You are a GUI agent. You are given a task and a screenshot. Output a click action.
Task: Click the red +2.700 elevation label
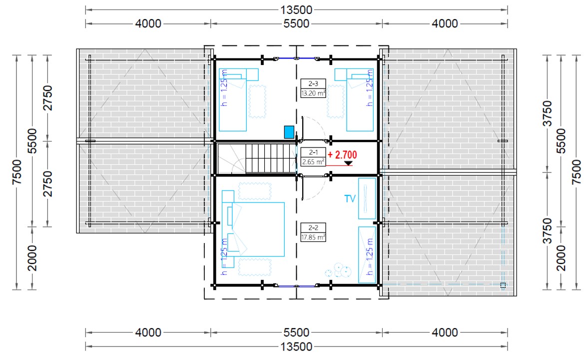(x=342, y=155)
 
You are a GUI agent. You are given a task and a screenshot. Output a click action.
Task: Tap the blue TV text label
(x=350, y=198)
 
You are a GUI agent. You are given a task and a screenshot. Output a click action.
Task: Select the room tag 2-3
(x=313, y=83)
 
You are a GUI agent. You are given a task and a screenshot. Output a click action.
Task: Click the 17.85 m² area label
(x=313, y=237)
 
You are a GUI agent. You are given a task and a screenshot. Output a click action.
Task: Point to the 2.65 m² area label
(x=313, y=162)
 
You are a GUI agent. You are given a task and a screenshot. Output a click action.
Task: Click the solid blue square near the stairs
(x=289, y=132)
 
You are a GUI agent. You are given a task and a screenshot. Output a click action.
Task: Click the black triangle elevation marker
(x=348, y=163)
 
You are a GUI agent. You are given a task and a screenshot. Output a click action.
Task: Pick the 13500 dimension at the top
(x=296, y=10)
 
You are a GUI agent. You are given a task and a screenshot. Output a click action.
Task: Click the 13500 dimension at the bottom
(x=296, y=346)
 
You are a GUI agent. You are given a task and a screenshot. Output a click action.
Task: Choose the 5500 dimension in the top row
(x=296, y=23)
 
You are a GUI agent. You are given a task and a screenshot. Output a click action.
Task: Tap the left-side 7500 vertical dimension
(x=17, y=172)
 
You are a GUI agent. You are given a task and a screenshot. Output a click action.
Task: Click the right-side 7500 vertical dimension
(x=577, y=172)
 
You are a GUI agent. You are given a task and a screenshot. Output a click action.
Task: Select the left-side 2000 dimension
(x=32, y=258)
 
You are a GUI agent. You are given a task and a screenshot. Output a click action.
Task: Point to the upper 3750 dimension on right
(x=548, y=113)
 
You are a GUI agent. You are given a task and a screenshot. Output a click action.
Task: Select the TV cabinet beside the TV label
(x=367, y=198)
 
